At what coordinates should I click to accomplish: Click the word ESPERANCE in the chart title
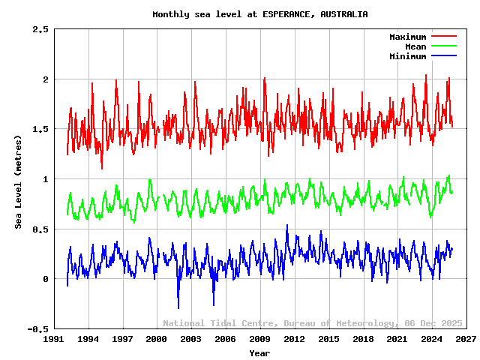pos(285,14)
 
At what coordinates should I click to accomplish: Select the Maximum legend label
pos(407,37)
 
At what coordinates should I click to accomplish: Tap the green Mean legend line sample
pos(443,46)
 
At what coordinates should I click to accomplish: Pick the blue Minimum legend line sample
pos(443,56)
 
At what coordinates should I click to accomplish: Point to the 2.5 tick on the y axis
pos(40,29)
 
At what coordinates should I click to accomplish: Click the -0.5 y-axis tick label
pos(37,329)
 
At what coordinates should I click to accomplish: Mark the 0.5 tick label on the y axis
pos(40,229)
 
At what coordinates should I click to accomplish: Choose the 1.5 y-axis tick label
pos(40,129)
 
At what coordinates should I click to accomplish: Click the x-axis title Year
pos(259,352)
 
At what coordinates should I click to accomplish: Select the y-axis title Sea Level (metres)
pos(19,180)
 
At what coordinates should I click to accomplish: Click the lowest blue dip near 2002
pos(178,307)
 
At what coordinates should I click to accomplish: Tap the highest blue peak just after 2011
pos(286,225)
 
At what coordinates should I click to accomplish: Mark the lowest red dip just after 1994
pos(102,168)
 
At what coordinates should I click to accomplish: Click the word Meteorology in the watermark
pos(369,323)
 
